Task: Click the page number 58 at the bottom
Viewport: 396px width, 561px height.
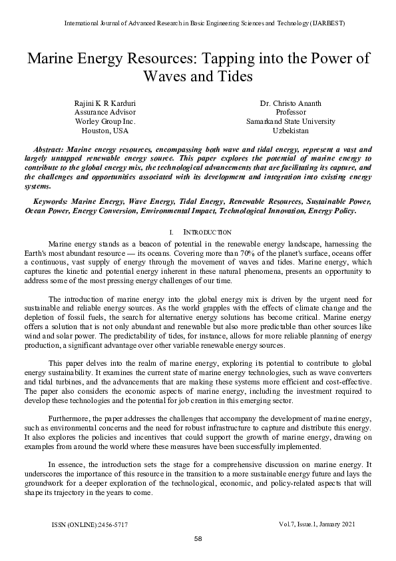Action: (198, 538)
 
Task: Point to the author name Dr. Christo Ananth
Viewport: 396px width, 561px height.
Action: (290, 103)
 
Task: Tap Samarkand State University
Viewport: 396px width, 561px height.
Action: (290, 122)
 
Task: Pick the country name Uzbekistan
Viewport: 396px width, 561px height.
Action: (290, 131)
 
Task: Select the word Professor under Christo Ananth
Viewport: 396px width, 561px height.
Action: (290, 113)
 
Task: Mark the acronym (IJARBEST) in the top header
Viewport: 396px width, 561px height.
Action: (325, 23)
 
